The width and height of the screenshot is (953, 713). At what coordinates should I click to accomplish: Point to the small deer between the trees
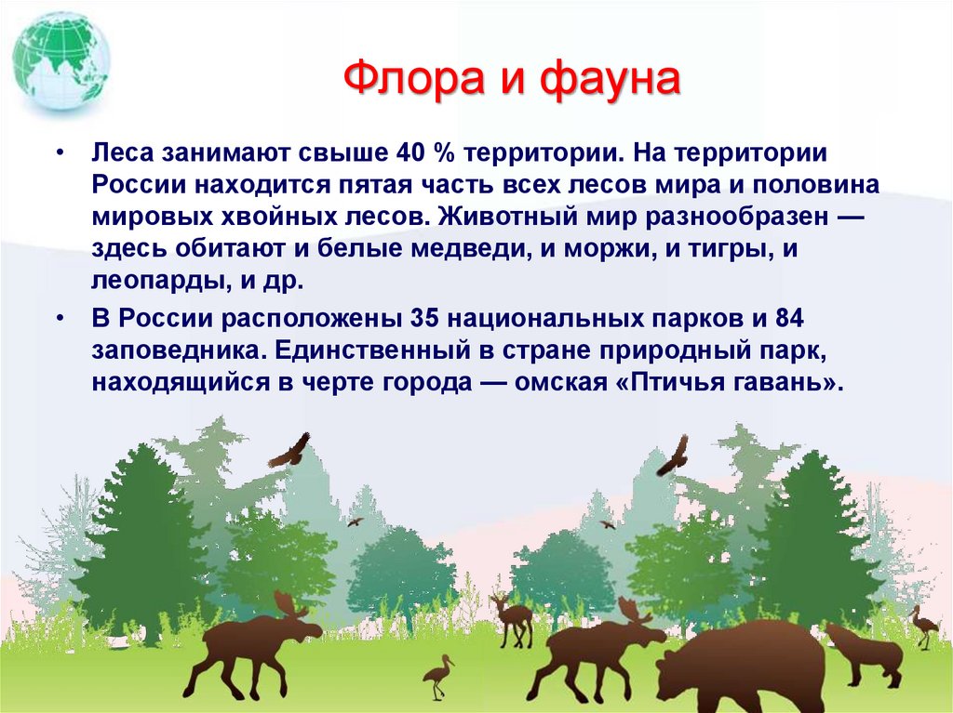513,617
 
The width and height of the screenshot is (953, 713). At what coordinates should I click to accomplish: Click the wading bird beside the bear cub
923,625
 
